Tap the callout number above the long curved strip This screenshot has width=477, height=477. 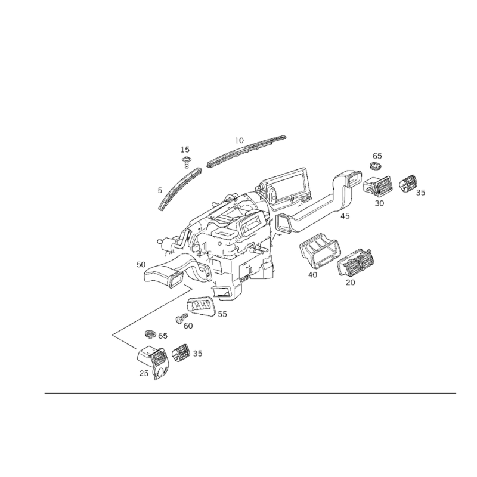point(239,139)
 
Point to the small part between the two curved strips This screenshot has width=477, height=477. point(187,160)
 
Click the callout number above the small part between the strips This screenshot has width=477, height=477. point(185,147)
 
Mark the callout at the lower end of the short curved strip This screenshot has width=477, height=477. point(159,191)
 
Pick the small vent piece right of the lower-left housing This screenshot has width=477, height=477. point(183,353)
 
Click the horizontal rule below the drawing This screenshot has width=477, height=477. point(250,393)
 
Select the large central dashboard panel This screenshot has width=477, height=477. point(233,227)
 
